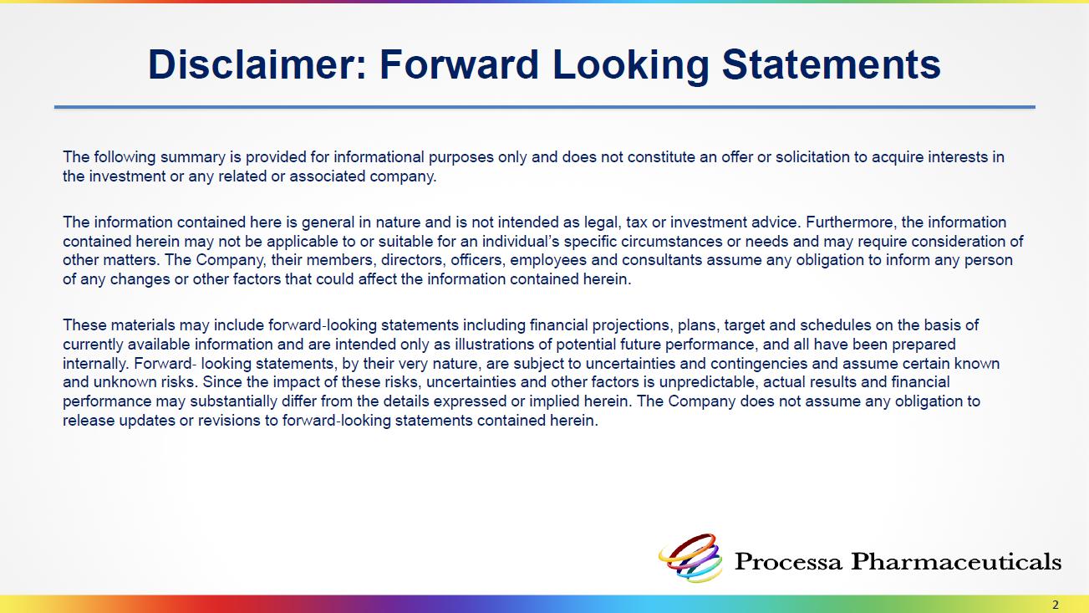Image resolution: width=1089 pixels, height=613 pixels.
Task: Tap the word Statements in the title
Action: point(832,64)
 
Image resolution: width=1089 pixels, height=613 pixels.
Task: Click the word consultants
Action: point(662,260)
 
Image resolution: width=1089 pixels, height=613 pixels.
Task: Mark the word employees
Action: point(548,261)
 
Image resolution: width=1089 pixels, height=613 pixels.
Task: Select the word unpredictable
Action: point(709,383)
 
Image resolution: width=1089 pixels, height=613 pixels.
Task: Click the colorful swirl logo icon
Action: point(690,558)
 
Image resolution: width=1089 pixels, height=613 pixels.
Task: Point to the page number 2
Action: point(1055,605)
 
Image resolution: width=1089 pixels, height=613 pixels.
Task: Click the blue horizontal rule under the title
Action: point(545,107)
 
